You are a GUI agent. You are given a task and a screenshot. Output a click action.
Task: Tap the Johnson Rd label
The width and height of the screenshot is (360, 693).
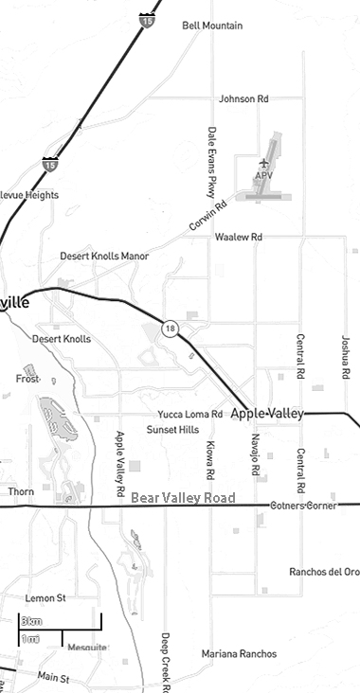243,98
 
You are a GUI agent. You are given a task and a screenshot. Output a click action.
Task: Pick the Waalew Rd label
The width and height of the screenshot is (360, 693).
238,237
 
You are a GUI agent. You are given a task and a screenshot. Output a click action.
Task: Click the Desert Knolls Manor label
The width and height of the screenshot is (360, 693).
104,257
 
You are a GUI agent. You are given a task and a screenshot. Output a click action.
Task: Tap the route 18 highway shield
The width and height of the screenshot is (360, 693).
170,329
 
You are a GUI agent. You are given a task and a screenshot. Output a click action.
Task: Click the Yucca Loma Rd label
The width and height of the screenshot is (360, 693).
189,415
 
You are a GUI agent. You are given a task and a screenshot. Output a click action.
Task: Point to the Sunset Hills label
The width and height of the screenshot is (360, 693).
172,430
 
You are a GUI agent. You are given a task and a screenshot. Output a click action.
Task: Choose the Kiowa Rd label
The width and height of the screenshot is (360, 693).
209,459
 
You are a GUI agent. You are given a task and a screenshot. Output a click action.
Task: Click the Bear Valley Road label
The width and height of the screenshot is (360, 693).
183,498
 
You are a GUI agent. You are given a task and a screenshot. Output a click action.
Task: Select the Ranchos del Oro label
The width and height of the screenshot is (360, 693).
324,572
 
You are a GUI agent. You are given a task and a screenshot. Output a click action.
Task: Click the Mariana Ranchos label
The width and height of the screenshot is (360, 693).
239,654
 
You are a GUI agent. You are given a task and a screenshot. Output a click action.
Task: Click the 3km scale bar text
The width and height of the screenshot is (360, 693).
31,620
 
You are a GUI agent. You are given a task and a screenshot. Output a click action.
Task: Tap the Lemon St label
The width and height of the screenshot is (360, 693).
45,598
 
